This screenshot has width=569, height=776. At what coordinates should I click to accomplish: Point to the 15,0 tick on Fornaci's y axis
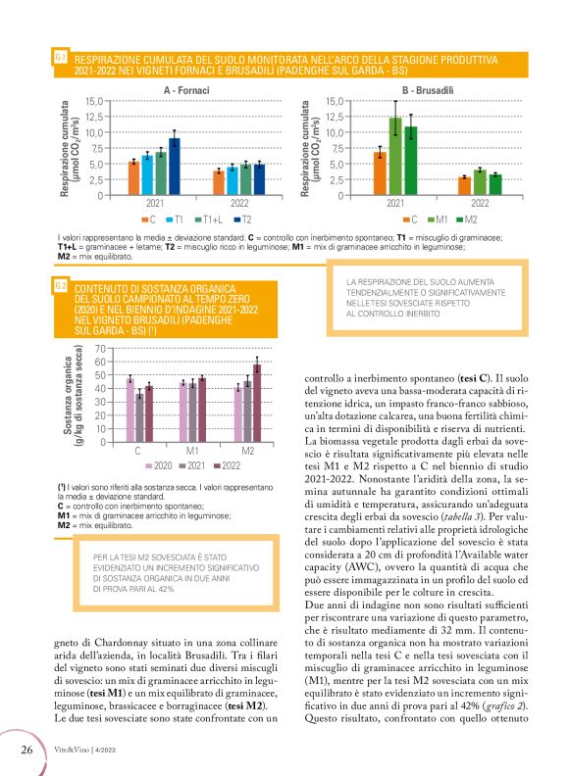(x=95, y=101)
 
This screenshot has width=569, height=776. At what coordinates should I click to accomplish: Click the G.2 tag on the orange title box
(x=60, y=285)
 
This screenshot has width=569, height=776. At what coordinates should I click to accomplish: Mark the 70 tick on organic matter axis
(x=103, y=348)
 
